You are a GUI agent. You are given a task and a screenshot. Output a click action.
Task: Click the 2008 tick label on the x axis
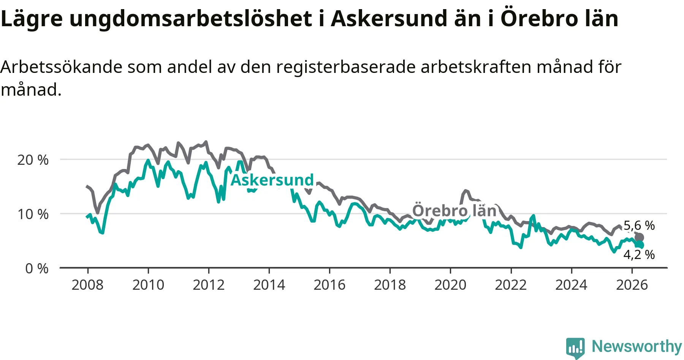[x=87, y=285]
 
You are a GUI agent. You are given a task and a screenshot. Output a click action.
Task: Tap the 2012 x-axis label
[x=209, y=285]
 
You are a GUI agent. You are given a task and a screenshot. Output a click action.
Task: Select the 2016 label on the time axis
[x=329, y=285]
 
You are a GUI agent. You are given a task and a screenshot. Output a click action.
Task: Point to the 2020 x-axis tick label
[x=450, y=285]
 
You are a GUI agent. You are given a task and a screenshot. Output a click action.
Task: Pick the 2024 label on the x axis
[x=571, y=285]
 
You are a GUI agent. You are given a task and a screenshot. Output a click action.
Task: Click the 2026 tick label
[x=632, y=285]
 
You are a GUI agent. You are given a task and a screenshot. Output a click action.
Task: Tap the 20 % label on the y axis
[x=33, y=160]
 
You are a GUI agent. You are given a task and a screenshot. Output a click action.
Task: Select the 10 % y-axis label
[x=33, y=214]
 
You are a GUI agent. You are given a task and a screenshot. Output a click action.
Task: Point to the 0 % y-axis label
[x=37, y=268]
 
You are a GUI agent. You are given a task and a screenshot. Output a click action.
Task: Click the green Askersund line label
[x=272, y=180]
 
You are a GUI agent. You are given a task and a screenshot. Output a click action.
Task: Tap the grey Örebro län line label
[x=454, y=211]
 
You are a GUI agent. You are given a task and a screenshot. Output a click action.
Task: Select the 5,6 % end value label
[x=639, y=226]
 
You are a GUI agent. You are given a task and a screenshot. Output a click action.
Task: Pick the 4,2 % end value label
[x=639, y=254]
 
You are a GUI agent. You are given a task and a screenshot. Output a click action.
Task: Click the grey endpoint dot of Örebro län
[x=639, y=238]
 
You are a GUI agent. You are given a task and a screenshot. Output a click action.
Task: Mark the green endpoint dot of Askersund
[x=640, y=245]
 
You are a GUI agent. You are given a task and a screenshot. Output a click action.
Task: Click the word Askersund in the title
[x=389, y=19]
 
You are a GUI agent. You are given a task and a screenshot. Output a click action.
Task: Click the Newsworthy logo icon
[x=575, y=348]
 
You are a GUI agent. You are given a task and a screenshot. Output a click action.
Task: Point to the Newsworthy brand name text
[x=637, y=346]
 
